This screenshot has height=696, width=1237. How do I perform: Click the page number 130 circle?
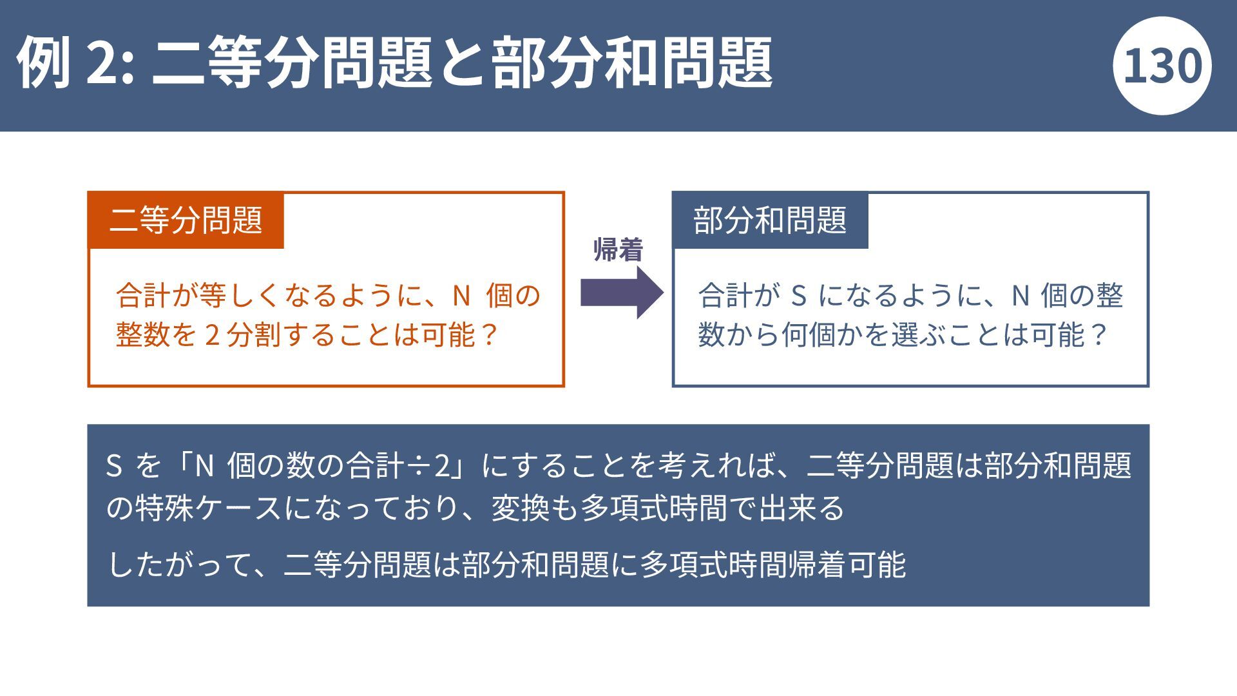point(1162,66)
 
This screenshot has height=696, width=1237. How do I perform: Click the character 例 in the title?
point(43,63)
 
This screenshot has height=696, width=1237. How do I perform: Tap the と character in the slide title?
point(463,63)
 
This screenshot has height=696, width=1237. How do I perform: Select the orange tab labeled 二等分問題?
point(186,220)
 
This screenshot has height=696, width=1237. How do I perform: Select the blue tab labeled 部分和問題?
point(770,220)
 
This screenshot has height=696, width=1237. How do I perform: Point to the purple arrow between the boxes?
point(622,293)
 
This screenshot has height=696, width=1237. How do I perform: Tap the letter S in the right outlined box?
point(798,296)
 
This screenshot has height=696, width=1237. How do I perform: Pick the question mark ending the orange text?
point(490,335)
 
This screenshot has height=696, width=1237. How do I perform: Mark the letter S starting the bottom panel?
point(114,465)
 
